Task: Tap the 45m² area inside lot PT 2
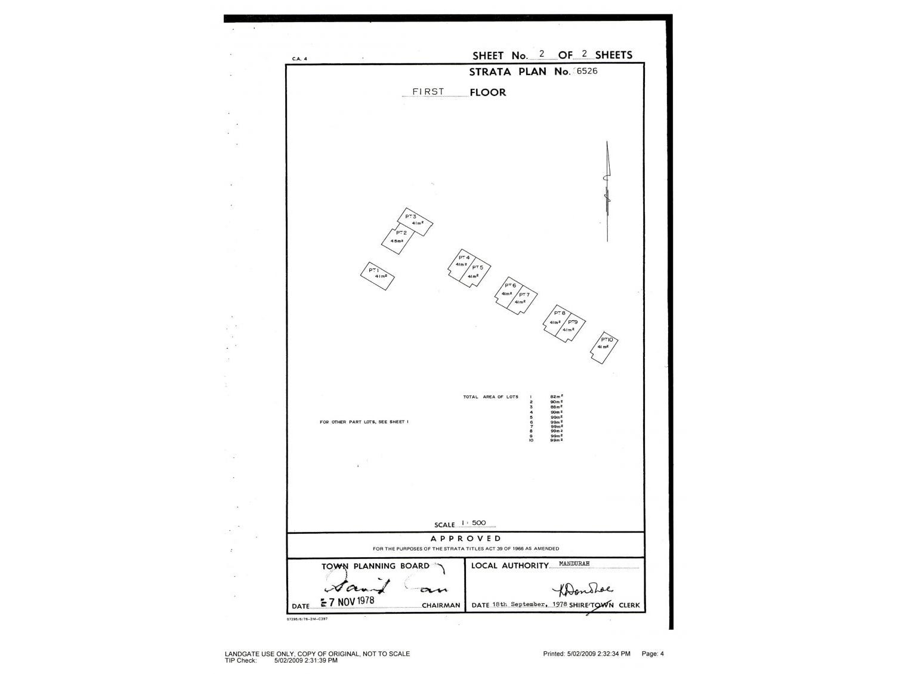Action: pyautogui.click(x=397, y=241)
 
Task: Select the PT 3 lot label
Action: pyautogui.click(x=410, y=217)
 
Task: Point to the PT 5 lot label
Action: pyautogui.click(x=477, y=267)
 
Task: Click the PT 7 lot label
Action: pyautogui.click(x=524, y=295)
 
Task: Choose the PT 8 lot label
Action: pyautogui.click(x=560, y=313)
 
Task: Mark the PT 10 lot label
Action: pyautogui.click(x=607, y=339)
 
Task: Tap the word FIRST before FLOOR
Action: pyautogui.click(x=428, y=92)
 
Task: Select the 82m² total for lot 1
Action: pyautogui.click(x=557, y=397)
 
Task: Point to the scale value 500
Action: pyautogui.click(x=478, y=523)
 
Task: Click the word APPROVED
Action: pyautogui.click(x=466, y=539)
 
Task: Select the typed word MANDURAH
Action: pyautogui.click(x=574, y=564)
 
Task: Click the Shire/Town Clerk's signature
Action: pyautogui.click(x=582, y=590)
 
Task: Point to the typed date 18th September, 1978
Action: pyautogui.click(x=530, y=604)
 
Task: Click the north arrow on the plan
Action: pyautogui.click(x=607, y=191)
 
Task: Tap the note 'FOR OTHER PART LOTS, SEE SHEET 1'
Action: pyautogui.click(x=364, y=422)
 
